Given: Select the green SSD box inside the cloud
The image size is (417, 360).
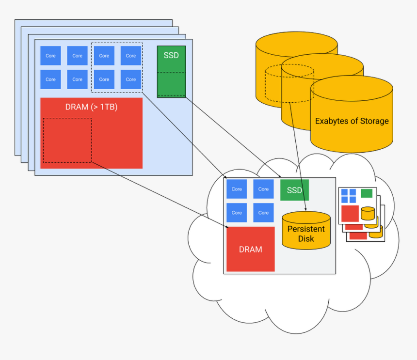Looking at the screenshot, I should point(294,190).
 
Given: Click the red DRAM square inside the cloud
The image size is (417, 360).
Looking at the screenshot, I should point(250,249).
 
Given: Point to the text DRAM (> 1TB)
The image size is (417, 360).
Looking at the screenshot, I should point(91,107).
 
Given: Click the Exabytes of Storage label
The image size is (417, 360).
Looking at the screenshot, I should point(352,121).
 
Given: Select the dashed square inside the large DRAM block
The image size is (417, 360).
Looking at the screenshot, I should point(67,140).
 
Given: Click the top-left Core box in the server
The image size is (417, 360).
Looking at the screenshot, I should point(50,56).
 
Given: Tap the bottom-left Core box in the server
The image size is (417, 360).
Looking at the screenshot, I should point(50,79).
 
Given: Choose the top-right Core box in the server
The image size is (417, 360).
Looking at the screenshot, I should point(131,56).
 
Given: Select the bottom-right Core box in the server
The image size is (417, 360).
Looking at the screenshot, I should point(131,79).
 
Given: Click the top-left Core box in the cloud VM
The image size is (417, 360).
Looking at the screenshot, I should point(237,189).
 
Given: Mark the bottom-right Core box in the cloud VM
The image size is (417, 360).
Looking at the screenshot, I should point(263,213).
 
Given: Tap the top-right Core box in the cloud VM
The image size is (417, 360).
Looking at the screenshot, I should point(263,189).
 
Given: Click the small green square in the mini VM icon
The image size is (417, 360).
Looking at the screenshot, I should point(367,193).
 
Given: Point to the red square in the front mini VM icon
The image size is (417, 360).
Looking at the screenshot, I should point(350,213).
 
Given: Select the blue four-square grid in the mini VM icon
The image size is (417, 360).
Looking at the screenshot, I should point(348,196).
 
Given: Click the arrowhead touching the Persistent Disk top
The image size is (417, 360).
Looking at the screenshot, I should point(305,210).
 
